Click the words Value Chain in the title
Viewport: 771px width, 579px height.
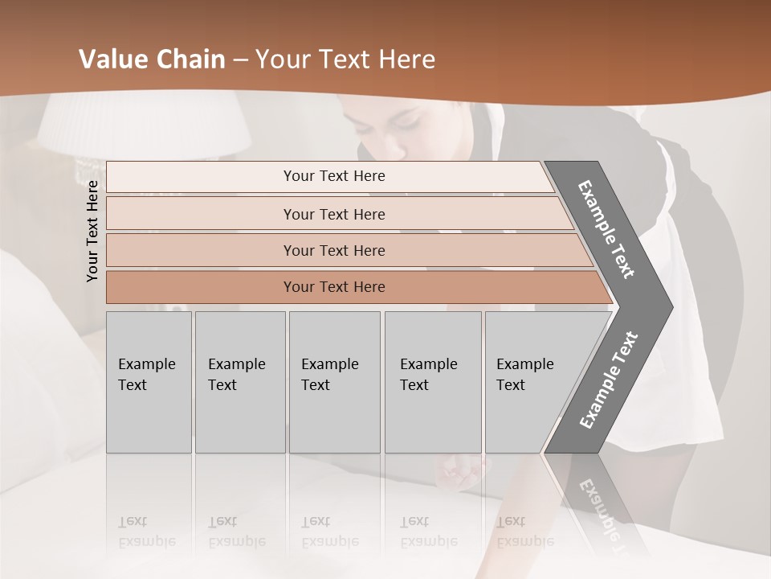pos(152,60)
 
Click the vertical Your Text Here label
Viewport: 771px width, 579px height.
pos(92,231)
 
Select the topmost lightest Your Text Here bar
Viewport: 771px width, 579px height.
pos(334,176)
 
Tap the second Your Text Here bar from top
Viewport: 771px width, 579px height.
pos(334,214)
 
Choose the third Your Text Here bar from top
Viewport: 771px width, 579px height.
pos(334,250)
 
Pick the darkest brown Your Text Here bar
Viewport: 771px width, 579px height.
pos(334,287)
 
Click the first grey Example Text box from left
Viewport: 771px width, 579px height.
pos(149,382)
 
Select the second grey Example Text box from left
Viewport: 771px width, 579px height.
pos(239,382)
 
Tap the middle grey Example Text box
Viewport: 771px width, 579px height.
pos(334,382)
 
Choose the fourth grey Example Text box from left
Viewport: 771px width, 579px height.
pos(433,382)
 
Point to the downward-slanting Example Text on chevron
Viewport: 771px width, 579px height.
pos(606,229)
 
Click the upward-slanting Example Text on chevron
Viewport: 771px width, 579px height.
pos(608,380)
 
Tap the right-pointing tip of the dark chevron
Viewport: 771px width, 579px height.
pos(668,306)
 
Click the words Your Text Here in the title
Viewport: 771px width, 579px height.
pos(345,60)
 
